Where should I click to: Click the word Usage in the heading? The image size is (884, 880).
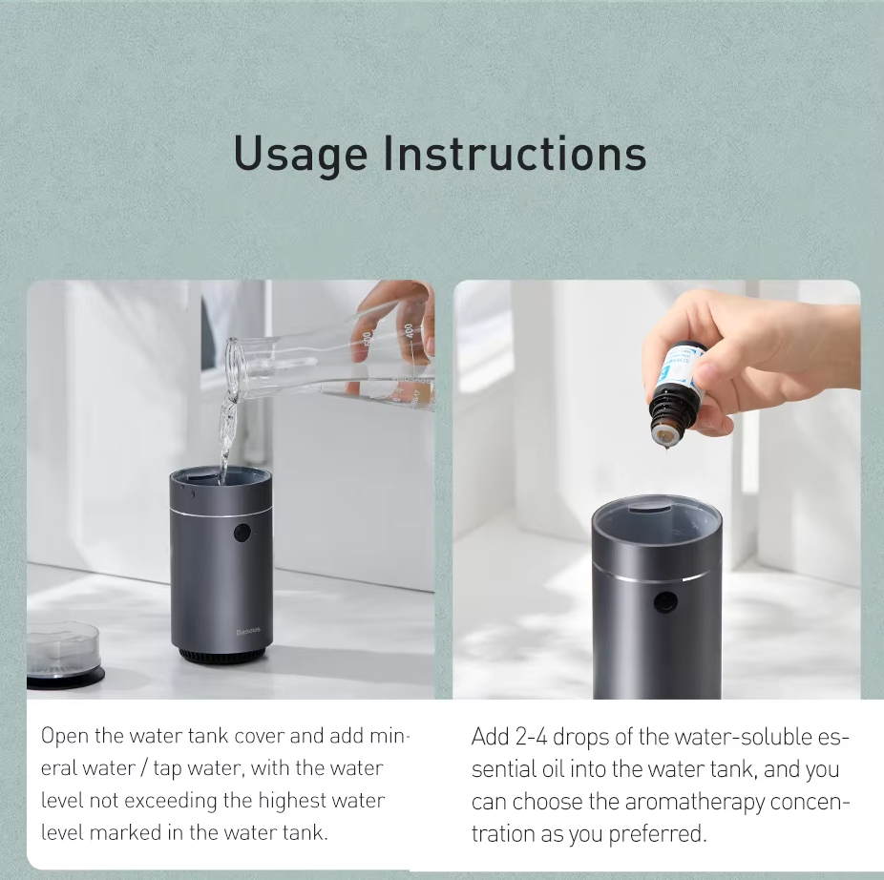click(x=301, y=154)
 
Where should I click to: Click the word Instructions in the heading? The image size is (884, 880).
click(x=515, y=153)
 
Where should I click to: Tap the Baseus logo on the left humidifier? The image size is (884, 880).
click(x=248, y=632)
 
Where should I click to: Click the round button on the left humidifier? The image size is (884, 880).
click(x=242, y=533)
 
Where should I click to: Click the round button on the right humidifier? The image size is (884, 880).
click(x=665, y=603)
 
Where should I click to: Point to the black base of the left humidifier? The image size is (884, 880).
click(x=221, y=656)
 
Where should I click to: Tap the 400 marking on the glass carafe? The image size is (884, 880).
click(x=409, y=331)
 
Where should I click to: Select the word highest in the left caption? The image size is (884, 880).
click(x=293, y=802)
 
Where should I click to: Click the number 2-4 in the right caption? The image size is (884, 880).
click(x=531, y=737)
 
